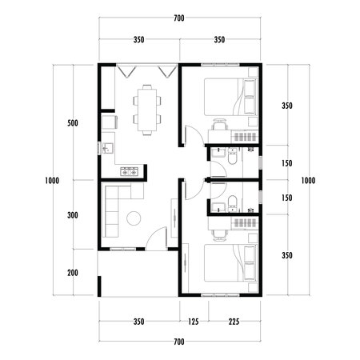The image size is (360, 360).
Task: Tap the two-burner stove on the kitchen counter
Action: click(129, 171)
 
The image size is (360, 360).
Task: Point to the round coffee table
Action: click(134, 217)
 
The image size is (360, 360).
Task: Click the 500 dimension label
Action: click(73, 124)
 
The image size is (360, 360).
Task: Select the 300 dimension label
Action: click(73, 216)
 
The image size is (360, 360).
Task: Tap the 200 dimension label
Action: click(73, 273)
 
